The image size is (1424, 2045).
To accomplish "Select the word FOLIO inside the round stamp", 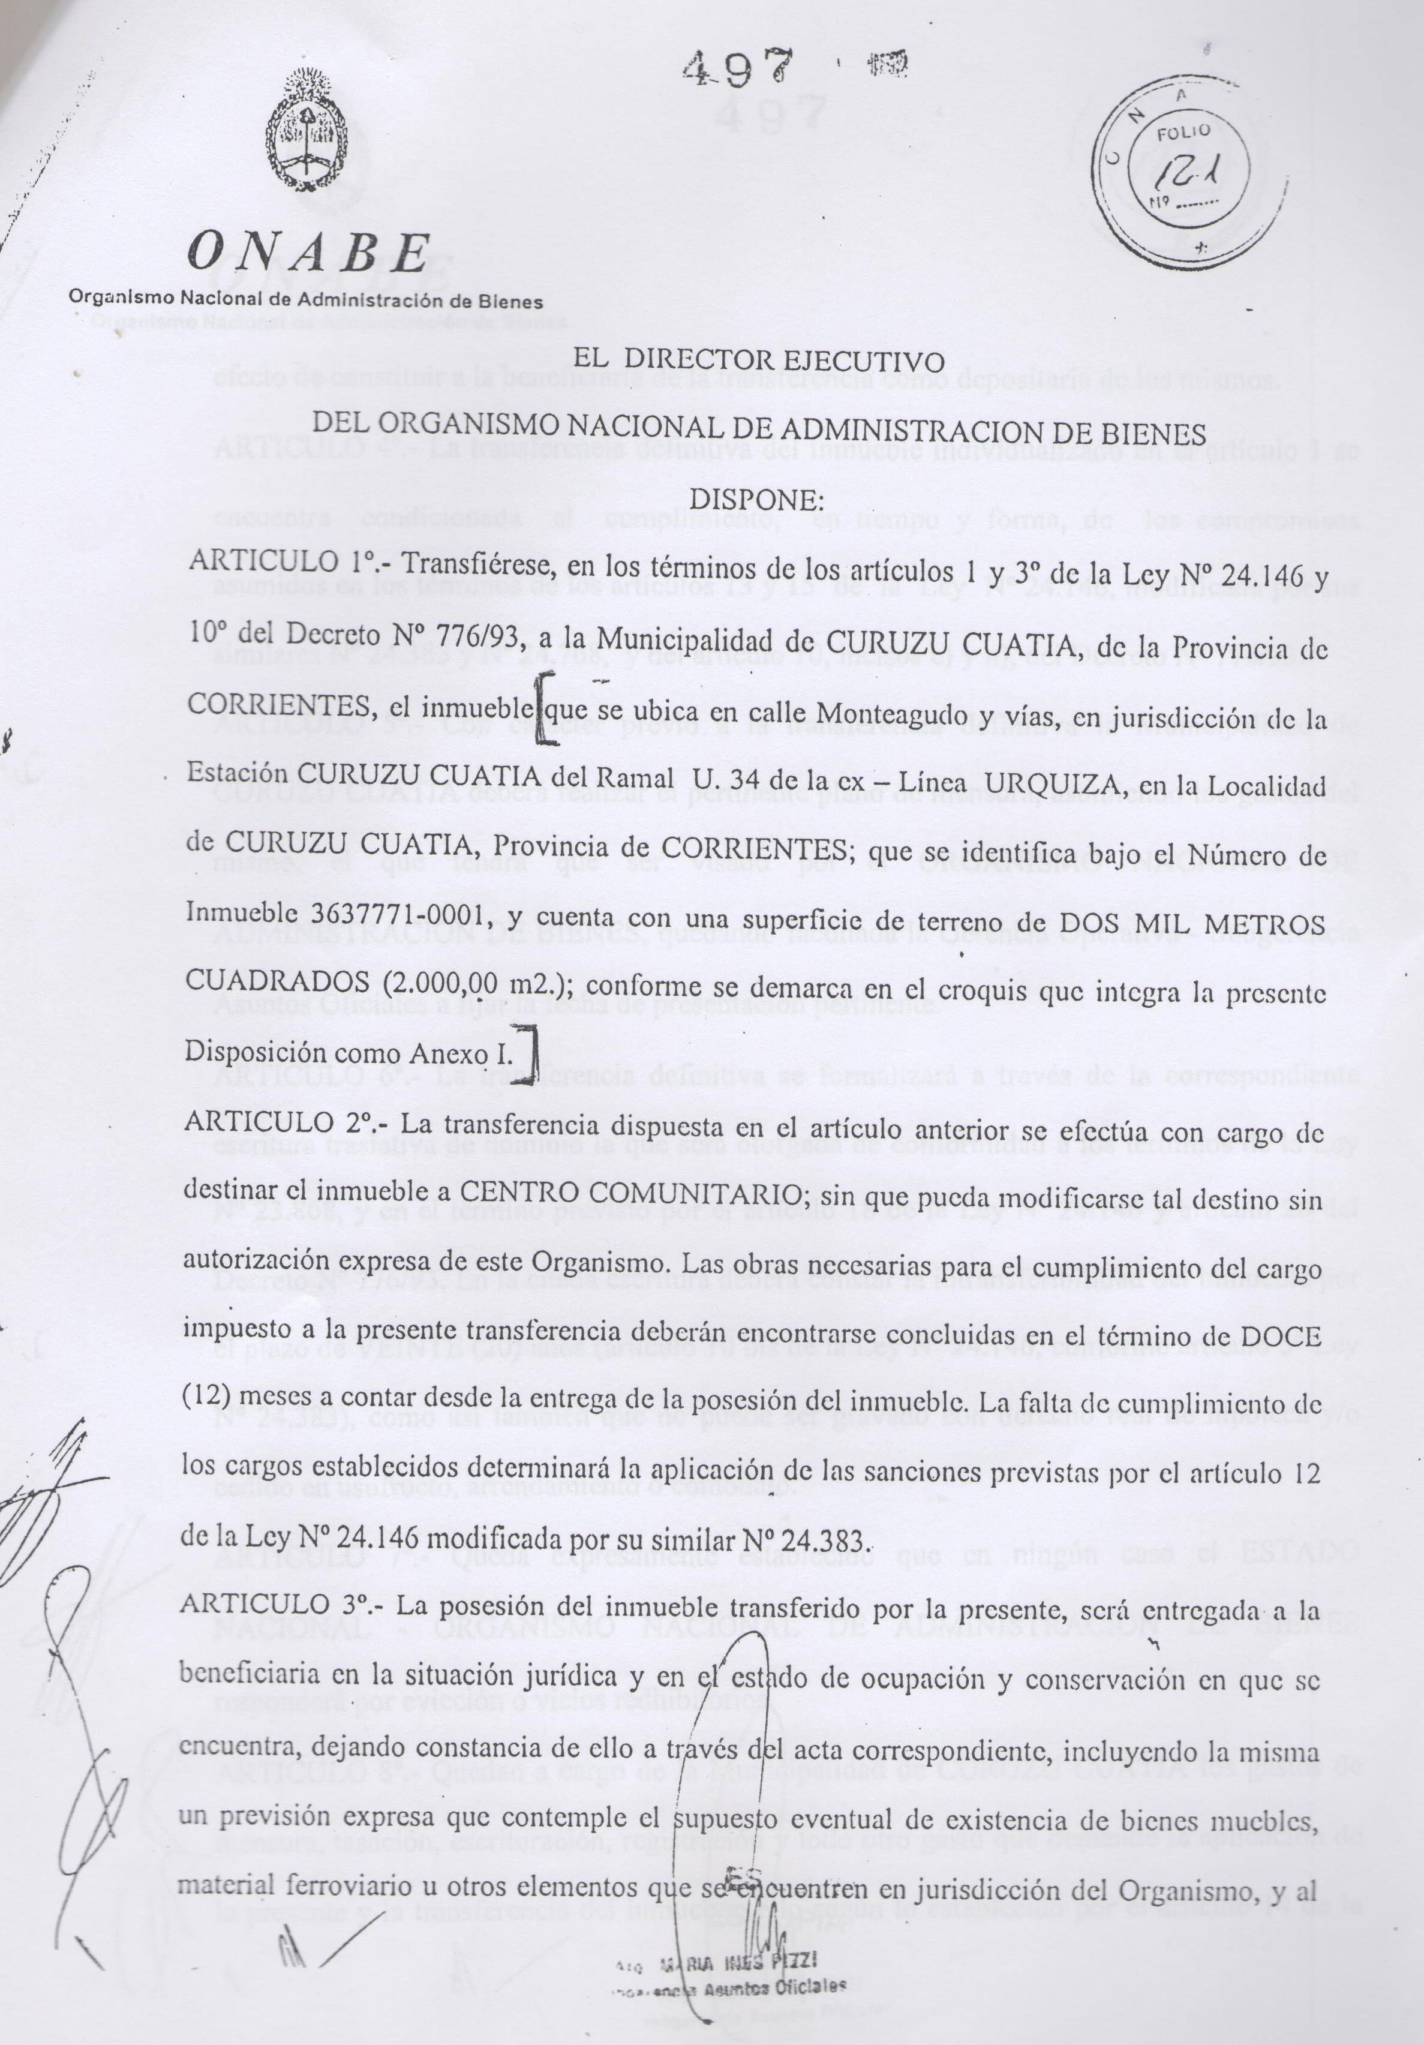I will click(x=1183, y=134).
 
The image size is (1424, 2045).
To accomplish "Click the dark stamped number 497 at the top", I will click(x=739, y=66).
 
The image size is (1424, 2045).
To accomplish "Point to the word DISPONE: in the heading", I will click(x=758, y=500).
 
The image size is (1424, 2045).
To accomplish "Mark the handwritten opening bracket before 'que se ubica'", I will click(x=542, y=708).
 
